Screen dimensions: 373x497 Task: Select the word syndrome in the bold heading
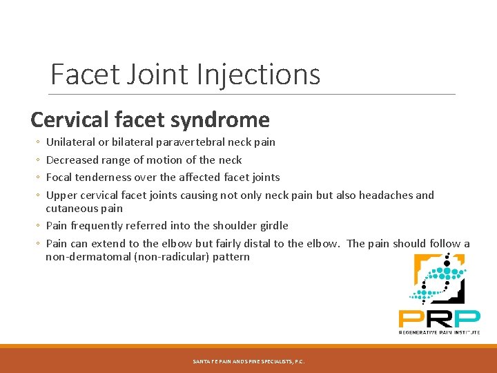coord(223,119)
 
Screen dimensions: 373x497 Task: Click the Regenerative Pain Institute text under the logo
coord(439,332)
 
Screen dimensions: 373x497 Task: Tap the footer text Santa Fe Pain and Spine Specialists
coord(248,361)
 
